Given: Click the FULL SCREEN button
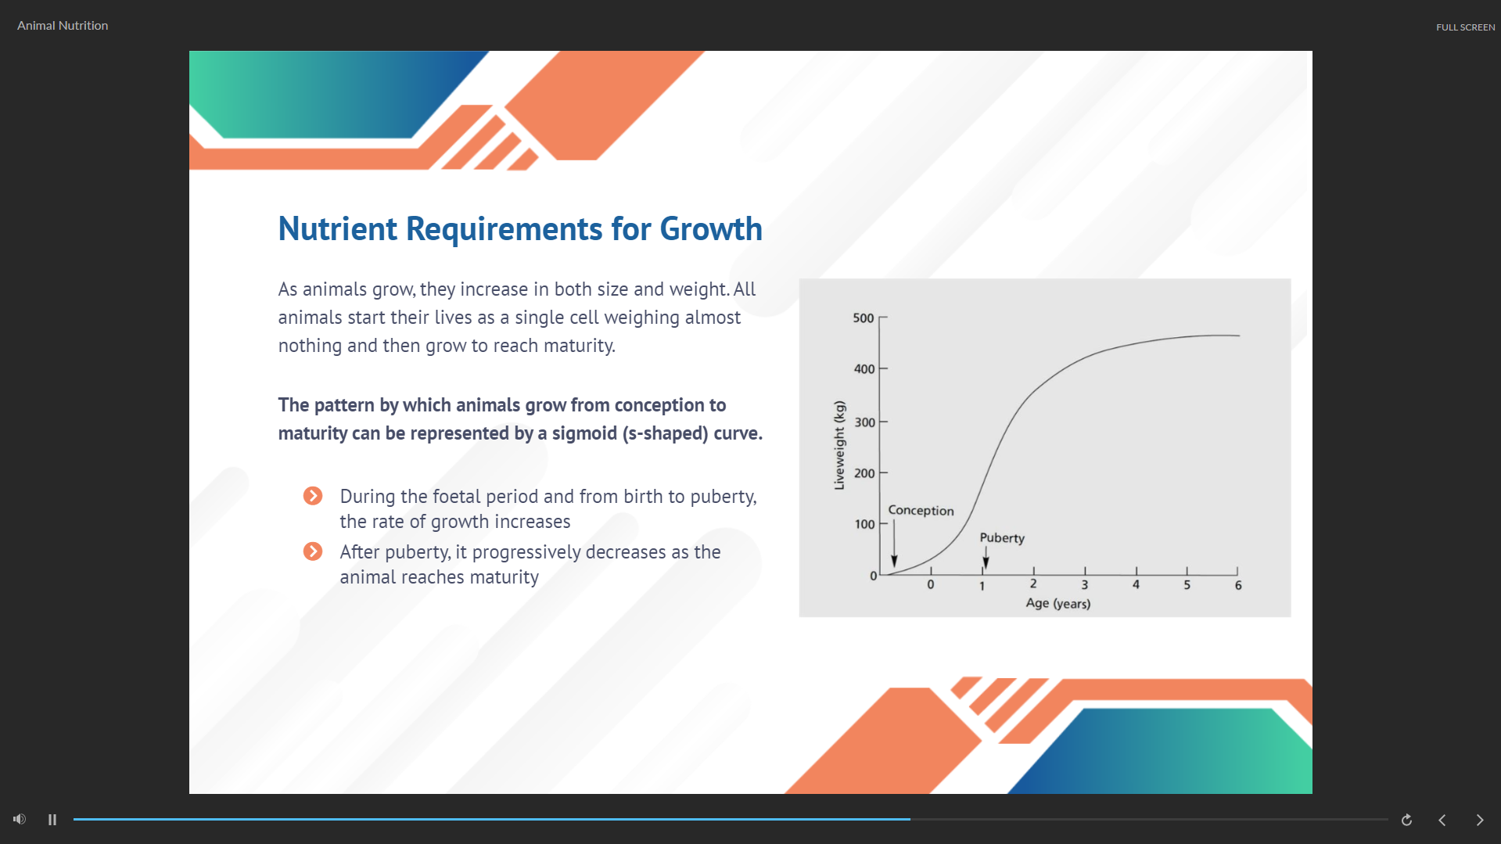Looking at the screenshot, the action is click(1465, 27).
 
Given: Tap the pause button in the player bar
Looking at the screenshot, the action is click(52, 820).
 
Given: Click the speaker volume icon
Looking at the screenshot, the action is click(20, 819).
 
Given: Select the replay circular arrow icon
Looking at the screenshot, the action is click(1406, 820).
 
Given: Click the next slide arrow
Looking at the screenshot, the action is click(1480, 820).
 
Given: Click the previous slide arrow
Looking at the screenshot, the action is click(1442, 820).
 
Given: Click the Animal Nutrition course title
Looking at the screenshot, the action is click(63, 26).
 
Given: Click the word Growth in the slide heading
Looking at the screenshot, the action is click(711, 229).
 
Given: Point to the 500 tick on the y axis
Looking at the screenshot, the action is click(883, 318).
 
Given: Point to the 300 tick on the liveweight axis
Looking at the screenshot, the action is click(883, 422).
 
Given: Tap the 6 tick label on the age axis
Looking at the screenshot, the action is click(1238, 585).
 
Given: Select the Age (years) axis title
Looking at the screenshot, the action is click(1058, 603).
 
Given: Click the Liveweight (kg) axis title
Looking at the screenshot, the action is click(839, 445).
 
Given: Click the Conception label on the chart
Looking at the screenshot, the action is click(921, 510).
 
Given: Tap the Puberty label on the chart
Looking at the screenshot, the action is click(1002, 538).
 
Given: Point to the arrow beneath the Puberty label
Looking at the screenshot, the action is click(986, 557).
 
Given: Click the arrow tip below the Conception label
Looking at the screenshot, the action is click(894, 566).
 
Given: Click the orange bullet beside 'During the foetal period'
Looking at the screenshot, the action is click(313, 496).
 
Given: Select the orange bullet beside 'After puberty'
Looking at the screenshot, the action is click(313, 551).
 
